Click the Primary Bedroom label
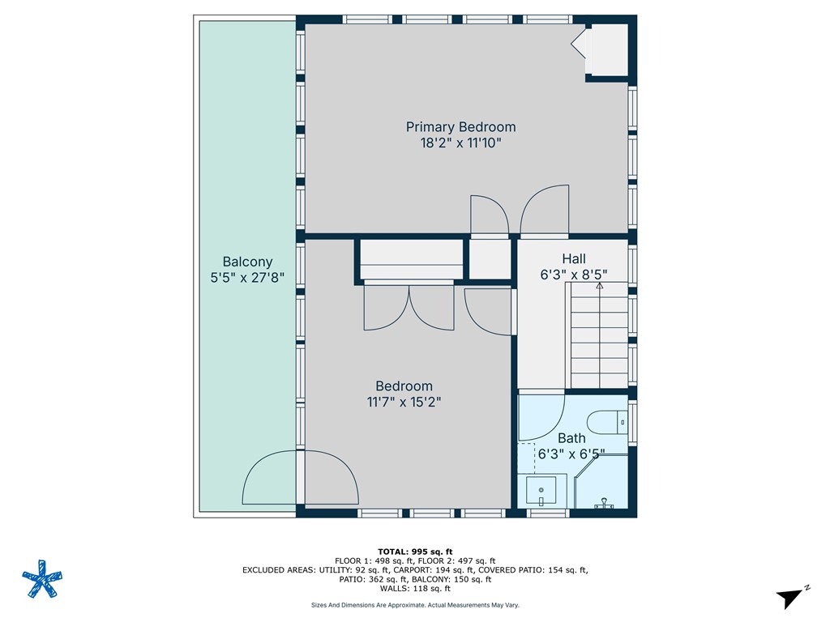[460, 127]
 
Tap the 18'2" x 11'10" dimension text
[460, 143]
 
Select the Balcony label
[247, 262]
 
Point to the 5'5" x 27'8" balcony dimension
[247, 278]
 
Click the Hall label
[574, 259]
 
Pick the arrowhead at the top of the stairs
[600, 285]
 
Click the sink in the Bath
[541, 490]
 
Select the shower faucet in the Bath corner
[604, 505]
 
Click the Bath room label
[571, 439]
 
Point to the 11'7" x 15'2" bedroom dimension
[404, 401]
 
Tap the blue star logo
[41, 579]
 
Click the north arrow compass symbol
[791, 597]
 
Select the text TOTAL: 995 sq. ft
[414, 552]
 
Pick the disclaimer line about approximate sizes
[414, 605]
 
